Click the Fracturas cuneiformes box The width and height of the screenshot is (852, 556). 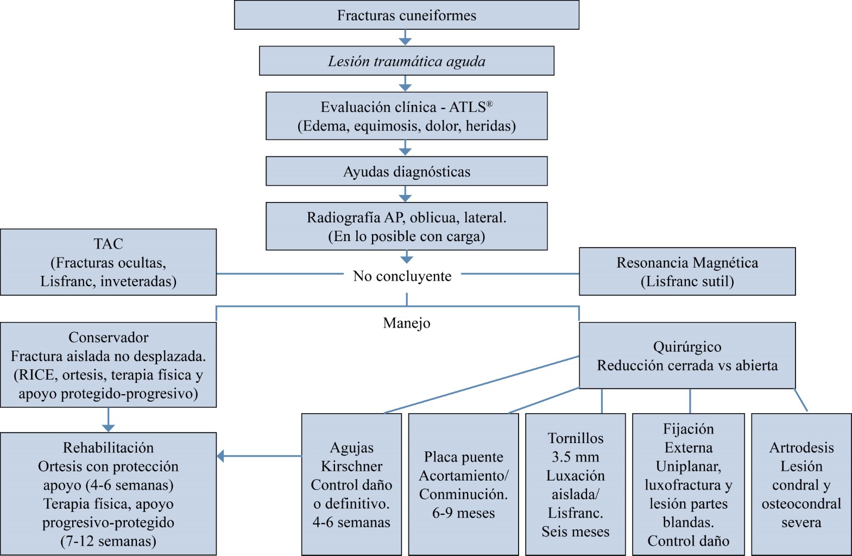coord(406,15)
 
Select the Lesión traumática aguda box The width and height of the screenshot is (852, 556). coord(406,61)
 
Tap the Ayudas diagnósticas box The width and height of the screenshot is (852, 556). coord(406,172)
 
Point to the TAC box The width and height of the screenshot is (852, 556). coord(108,262)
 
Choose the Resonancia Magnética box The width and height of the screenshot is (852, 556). coord(687,271)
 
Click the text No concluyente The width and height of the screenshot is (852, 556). coord(402,276)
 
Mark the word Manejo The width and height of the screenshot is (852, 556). coord(407,323)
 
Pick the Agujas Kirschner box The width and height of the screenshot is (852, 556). coord(351,484)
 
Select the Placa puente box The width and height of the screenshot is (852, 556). coord(463,484)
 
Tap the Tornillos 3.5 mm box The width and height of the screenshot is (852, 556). coord(575,484)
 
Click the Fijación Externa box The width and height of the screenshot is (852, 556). coord(688,484)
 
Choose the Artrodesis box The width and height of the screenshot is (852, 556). coord(801,484)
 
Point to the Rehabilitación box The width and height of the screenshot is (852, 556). coord(108,494)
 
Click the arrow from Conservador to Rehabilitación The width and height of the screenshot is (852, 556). coord(108,420)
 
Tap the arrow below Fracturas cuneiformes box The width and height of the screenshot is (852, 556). coord(405,38)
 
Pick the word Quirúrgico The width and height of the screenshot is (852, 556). coord(687,347)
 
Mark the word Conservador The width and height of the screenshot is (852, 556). coord(108,338)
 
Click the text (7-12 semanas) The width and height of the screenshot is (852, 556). coord(108,541)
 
